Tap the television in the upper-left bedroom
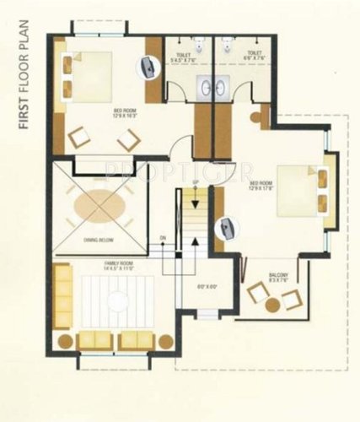point(148,67)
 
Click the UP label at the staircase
point(196,183)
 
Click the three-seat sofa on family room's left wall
point(62,296)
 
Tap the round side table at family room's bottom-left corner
point(63,341)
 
